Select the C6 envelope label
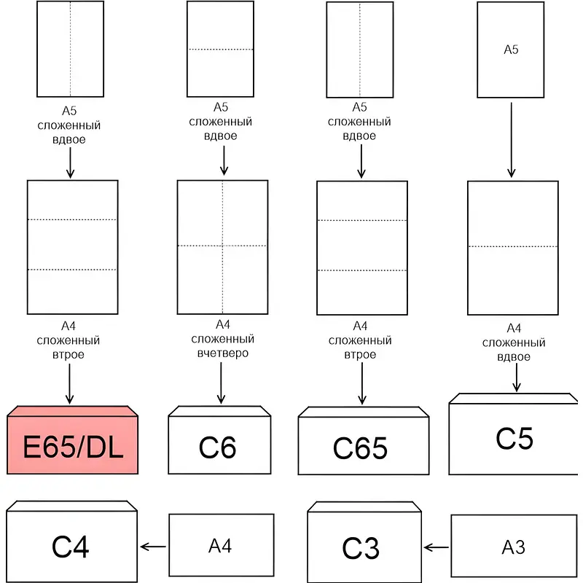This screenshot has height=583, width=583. click(217, 447)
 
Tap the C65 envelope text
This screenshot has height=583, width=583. click(360, 448)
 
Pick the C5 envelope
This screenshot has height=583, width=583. click(514, 438)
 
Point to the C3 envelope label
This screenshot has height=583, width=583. click(361, 548)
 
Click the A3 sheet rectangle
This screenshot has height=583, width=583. click(514, 547)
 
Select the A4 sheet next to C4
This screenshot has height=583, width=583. click(221, 545)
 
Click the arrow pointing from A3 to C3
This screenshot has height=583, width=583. click(437, 547)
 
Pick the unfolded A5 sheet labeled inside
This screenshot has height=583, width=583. click(511, 50)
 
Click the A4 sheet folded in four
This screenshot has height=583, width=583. click(223, 246)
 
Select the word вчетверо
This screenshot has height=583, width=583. click(223, 353)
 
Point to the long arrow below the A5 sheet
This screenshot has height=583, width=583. click(511, 139)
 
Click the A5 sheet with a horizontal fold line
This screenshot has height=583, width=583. click(220, 49)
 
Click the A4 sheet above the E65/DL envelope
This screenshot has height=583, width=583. click(72, 246)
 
